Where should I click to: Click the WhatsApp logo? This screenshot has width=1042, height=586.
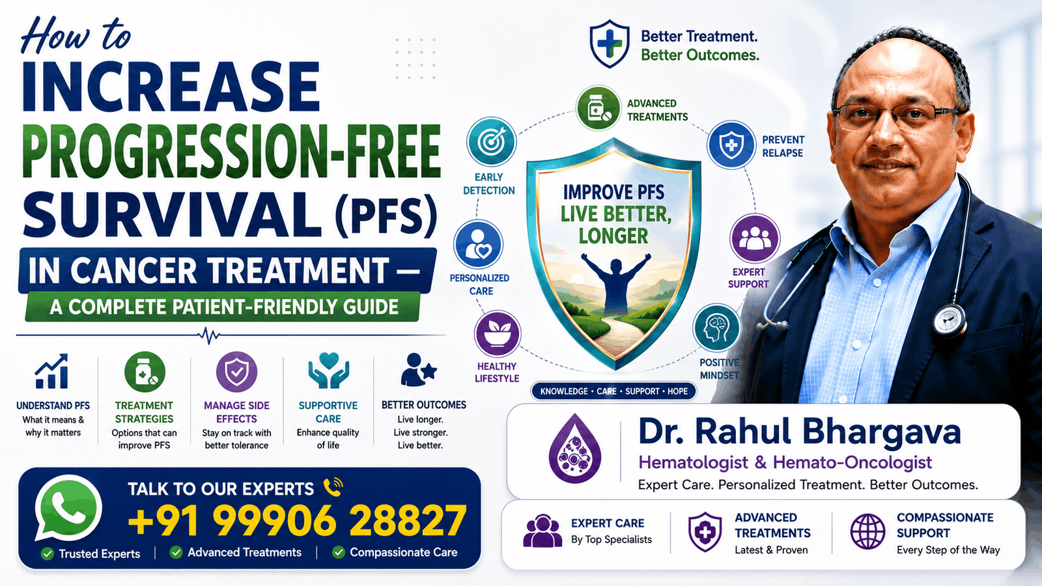[68, 509]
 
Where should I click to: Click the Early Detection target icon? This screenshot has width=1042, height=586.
[491, 142]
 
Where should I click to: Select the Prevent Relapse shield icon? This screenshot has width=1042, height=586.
[731, 145]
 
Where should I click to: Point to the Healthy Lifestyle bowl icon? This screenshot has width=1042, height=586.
[498, 334]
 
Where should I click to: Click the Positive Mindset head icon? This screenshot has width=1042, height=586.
[716, 328]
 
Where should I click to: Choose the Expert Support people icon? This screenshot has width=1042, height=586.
[755, 238]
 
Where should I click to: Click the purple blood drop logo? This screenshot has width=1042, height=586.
[575, 448]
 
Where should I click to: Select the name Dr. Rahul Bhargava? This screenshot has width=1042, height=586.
[800, 432]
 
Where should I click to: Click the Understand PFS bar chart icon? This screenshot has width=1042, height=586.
[52, 371]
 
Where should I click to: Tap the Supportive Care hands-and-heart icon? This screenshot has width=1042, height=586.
[328, 370]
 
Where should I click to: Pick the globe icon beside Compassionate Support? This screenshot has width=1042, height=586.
[867, 531]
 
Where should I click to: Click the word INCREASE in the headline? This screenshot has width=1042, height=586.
[171, 87]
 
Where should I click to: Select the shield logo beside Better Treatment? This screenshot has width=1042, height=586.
[610, 44]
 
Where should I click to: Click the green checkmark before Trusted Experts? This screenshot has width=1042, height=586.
[47, 553]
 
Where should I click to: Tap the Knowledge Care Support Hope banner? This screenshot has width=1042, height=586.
[613, 391]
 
